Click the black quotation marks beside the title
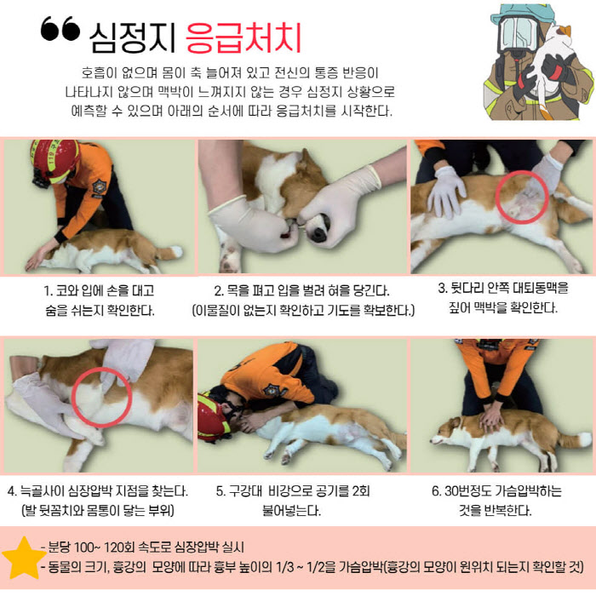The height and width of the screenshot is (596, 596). [x=60, y=28]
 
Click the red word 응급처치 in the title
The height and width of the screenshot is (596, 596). [x=244, y=37]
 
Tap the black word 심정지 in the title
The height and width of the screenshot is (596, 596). [x=132, y=37]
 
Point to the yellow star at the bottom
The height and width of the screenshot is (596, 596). [x=24, y=558]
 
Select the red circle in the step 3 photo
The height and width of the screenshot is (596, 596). [x=522, y=198]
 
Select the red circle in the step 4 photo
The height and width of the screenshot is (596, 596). [x=102, y=398]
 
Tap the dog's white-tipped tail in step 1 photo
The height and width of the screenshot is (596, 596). [x=170, y=252]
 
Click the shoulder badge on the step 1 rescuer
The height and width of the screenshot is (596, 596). [x=100, y=186]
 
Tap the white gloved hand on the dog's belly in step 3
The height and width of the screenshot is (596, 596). [x=447, y=192]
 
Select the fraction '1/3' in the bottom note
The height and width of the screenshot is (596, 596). [x=284, y=567]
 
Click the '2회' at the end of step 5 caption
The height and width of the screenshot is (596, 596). [x=360, y=490]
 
